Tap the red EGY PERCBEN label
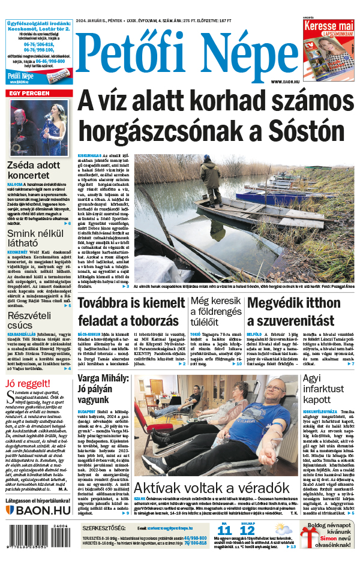click(x=29, y=94)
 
